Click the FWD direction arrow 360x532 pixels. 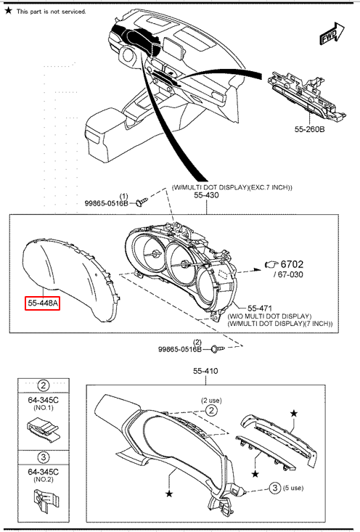pos(332,34)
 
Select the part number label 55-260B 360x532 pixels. pos(309,129)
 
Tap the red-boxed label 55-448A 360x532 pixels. pos(43,303)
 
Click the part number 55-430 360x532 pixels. pos(206,195)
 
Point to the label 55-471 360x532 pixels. pos(260,308)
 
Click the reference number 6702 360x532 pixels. pos(292,264)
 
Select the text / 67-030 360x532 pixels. pos(288,274)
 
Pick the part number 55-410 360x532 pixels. pos(205,371)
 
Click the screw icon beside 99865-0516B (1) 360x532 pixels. pos(142,202)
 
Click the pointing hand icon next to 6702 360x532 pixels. pos(271,264)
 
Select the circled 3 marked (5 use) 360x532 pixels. pos(275,488)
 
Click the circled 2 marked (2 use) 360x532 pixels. pos(211,411)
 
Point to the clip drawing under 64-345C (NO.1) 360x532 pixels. pos(42,429)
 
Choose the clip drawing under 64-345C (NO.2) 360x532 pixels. pos(44,501)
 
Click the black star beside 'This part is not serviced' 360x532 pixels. pos(9,10)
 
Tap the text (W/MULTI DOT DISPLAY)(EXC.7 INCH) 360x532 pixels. pos(232,187)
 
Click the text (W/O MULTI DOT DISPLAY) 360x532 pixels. pos(269,316)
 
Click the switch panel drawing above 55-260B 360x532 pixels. pos(307,96)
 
